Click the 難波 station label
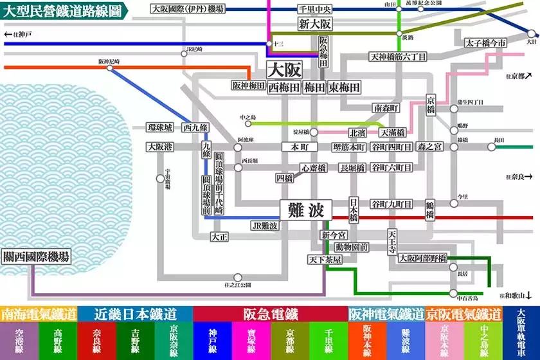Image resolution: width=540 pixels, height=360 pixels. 305,210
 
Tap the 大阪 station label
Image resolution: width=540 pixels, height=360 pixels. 283,69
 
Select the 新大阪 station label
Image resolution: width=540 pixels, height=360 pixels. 315,24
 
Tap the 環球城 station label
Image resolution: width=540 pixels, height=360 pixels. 160,127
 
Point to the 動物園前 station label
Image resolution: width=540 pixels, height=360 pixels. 351,246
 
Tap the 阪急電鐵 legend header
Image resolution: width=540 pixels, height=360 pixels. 270,314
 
